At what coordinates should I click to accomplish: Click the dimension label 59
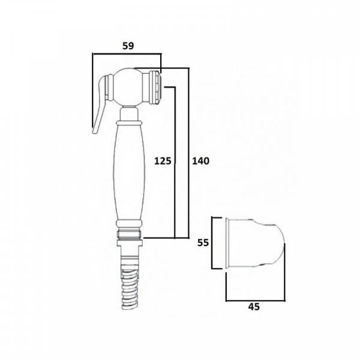128,46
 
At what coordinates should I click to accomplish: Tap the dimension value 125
163,161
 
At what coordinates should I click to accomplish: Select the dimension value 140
200,161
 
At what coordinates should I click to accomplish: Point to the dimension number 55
203,242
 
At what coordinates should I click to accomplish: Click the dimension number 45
254,307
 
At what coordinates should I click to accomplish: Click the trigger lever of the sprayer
99,103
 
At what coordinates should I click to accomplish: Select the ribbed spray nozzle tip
156,88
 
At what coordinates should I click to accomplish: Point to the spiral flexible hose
129,290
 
